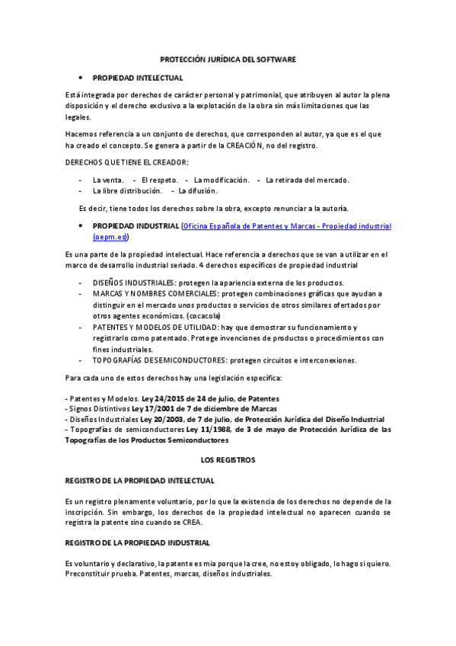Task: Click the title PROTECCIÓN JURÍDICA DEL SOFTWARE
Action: pos(228,59)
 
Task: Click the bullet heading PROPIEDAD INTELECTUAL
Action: pos(138,78)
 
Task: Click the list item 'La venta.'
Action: pos(109,180)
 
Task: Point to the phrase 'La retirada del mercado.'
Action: pos(307,180)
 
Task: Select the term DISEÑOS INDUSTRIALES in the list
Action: pos(134,283)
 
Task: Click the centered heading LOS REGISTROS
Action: pos(228,460)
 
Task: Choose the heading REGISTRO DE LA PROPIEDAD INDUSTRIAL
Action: pos(139,542)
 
